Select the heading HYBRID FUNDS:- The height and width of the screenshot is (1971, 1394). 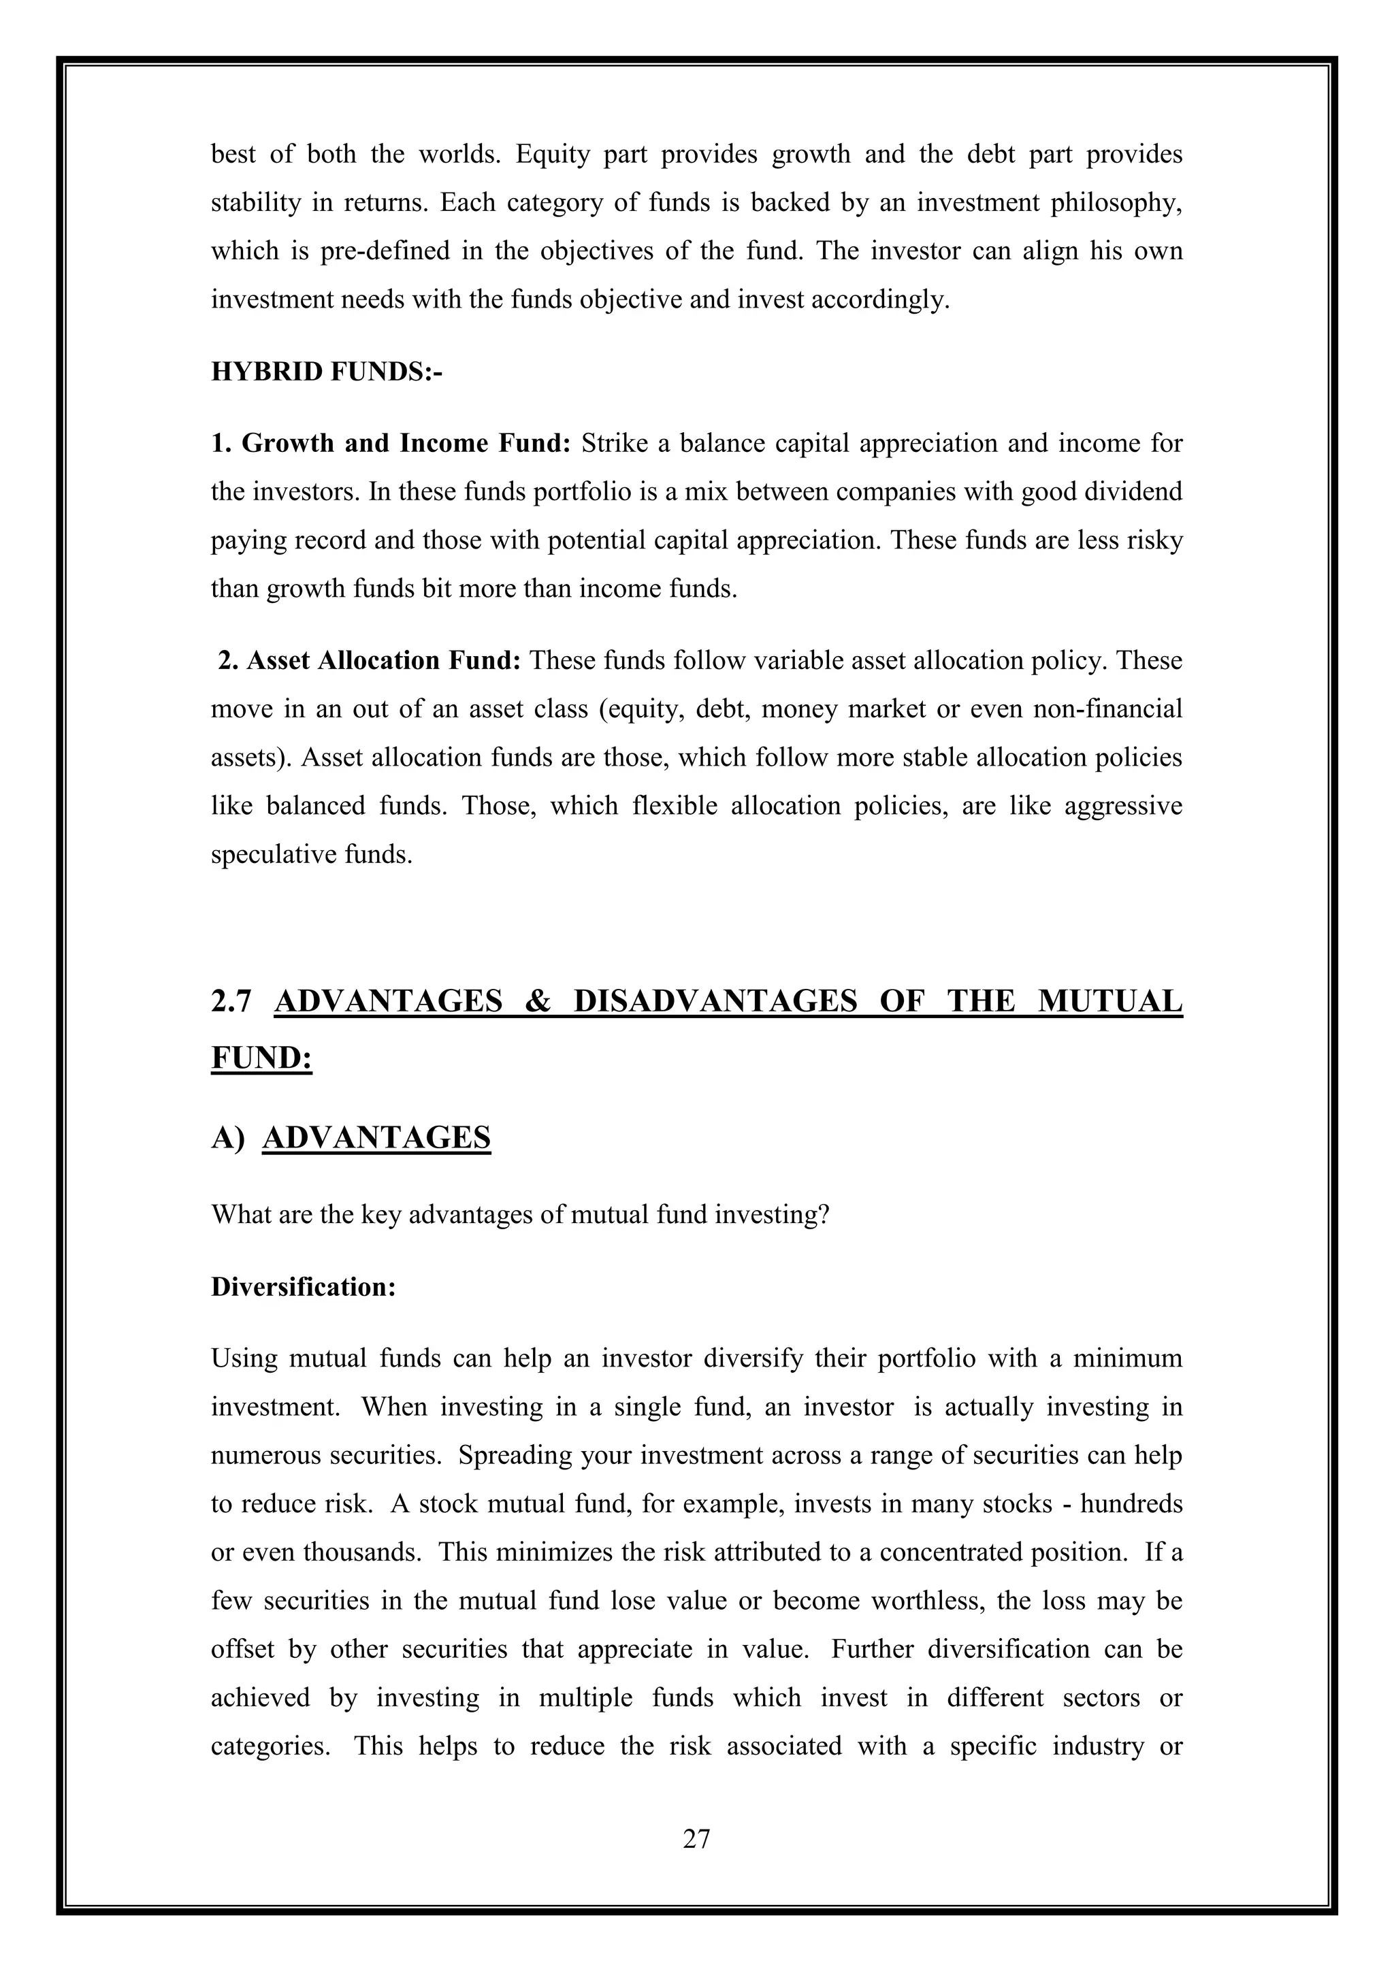pos(326,372)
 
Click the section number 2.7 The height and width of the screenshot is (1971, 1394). pos(231,1001)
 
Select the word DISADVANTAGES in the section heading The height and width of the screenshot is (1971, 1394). pos(714,1001)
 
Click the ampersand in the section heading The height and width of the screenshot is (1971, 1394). pos(537,1001)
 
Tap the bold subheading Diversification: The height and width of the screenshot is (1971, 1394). pos(303,1287)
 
